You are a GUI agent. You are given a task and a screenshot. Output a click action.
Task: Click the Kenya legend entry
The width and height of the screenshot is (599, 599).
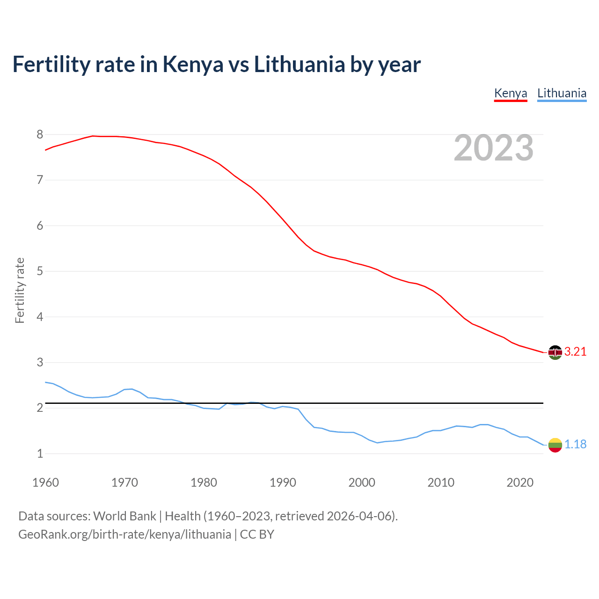point(511,93)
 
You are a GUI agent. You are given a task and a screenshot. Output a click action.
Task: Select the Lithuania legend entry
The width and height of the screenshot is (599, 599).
point(562,93)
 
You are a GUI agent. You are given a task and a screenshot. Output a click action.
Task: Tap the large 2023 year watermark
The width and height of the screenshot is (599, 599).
point(494,148)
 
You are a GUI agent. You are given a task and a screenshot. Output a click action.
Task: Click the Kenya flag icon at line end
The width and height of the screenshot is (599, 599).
point(555,352)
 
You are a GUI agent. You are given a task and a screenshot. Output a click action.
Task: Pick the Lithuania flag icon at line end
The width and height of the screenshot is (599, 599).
point(555,445)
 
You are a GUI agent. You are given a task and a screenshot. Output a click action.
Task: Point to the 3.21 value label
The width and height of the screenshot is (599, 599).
point(575,352)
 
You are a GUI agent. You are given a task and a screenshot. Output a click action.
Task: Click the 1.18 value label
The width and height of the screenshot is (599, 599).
point(575,445)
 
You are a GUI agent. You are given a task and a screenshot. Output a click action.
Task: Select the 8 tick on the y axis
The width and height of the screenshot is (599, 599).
point(40,135)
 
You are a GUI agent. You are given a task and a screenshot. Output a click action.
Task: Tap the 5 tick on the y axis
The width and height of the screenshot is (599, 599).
point(40,271)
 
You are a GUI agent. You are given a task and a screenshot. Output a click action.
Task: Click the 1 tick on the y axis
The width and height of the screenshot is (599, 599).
point(40,453)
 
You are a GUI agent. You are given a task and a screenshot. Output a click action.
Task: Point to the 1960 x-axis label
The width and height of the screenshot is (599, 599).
point(45,482)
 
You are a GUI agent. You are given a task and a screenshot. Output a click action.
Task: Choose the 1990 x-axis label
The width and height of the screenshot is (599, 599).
point(283,482)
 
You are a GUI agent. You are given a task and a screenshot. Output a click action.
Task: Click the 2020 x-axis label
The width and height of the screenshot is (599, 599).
point(520,482)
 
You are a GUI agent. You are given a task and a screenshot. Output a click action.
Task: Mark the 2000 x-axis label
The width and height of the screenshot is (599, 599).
point(362,482)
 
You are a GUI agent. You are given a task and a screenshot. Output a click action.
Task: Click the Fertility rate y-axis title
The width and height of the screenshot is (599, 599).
point(20,290)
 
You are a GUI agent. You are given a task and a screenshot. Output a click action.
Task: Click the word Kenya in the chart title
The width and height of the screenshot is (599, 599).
point(193,65)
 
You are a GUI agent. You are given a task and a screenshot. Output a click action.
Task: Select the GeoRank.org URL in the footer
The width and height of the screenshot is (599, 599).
point(124,534)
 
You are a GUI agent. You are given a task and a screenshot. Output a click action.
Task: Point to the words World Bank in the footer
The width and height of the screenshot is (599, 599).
point(124,516)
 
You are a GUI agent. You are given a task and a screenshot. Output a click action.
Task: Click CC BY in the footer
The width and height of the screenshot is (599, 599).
point(257,534)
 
